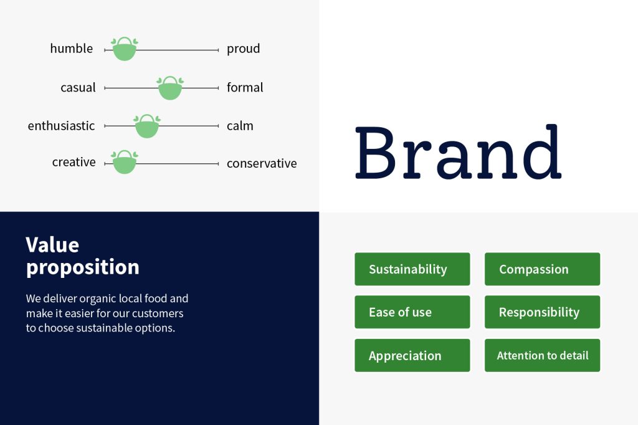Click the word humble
tap(71, 49)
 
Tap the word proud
tap(243, 49)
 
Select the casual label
tap(78, 87)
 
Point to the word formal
tap(244, 87)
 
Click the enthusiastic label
tap(61, 126)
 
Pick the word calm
tap(240, 126)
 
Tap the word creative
tap(74, 162)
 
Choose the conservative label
tap(262, 163)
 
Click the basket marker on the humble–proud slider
tap(124, 49)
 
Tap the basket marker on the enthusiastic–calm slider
tap(147, 127)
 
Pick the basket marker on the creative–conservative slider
tap(124, 163)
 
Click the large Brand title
tap(458, 152)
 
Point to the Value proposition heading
tap(82, 257)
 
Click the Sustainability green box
tap(412, 269)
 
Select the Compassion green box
tap(543, 269)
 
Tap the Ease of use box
tap(412, 312)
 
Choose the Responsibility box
tap(543, 312)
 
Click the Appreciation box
tap(412, 355)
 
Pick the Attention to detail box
tap(543, 355)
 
